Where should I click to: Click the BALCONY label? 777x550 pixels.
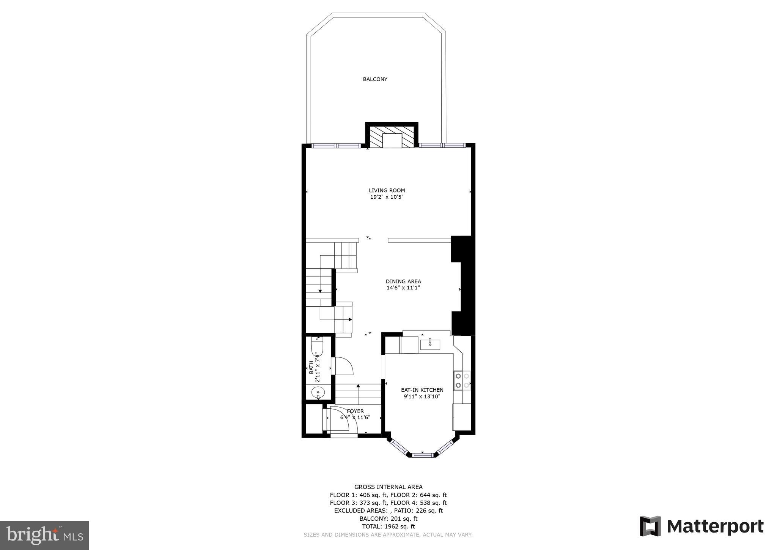(x=375, y=79)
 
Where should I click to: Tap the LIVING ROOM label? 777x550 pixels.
(x=387, y=191)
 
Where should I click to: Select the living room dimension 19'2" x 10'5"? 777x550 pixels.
(x=387, y=197)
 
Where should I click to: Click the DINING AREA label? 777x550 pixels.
(x=403, y=281)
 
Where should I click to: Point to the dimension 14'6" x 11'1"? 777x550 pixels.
(x=403, y=288)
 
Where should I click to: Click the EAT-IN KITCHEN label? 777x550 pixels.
(x=422, y=390)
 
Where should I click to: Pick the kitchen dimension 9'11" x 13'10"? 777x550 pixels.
(x=422, y=397)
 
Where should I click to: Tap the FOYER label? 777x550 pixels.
(x=355, y=411)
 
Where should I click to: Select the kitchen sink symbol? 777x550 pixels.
(x=430, y=345)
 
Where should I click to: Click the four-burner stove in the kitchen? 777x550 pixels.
(x=462, y=381)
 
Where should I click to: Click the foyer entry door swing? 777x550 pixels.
(x=340, y=420)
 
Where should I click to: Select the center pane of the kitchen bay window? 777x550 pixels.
(x=422, y=455)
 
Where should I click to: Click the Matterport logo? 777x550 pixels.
(x=702, y=526)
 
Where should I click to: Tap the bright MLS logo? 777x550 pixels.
(x=44, y=536)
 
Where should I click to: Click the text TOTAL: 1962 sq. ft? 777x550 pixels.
(x=388, y=526)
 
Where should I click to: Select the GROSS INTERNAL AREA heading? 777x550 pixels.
(x=388, y=487)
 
